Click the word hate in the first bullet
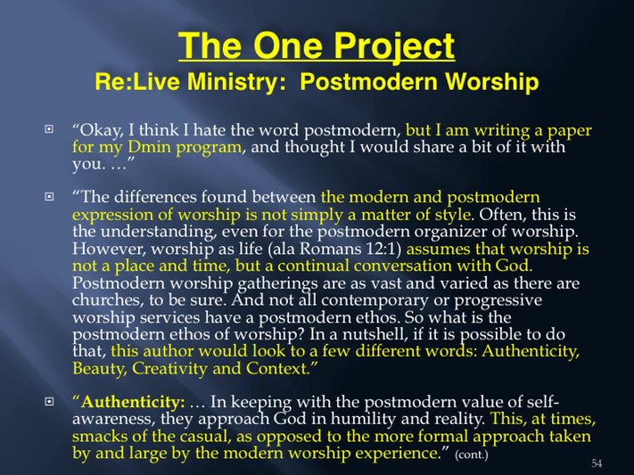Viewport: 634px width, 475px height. click(210, 130)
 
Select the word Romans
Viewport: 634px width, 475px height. click(330, 249)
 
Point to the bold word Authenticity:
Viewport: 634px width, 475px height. click(133, 402)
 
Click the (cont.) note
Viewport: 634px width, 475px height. click(472, 455)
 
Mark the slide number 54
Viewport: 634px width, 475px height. click(597, 463)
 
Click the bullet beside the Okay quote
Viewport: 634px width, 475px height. click(49, 129)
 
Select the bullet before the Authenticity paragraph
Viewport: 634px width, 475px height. click(49, 401)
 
